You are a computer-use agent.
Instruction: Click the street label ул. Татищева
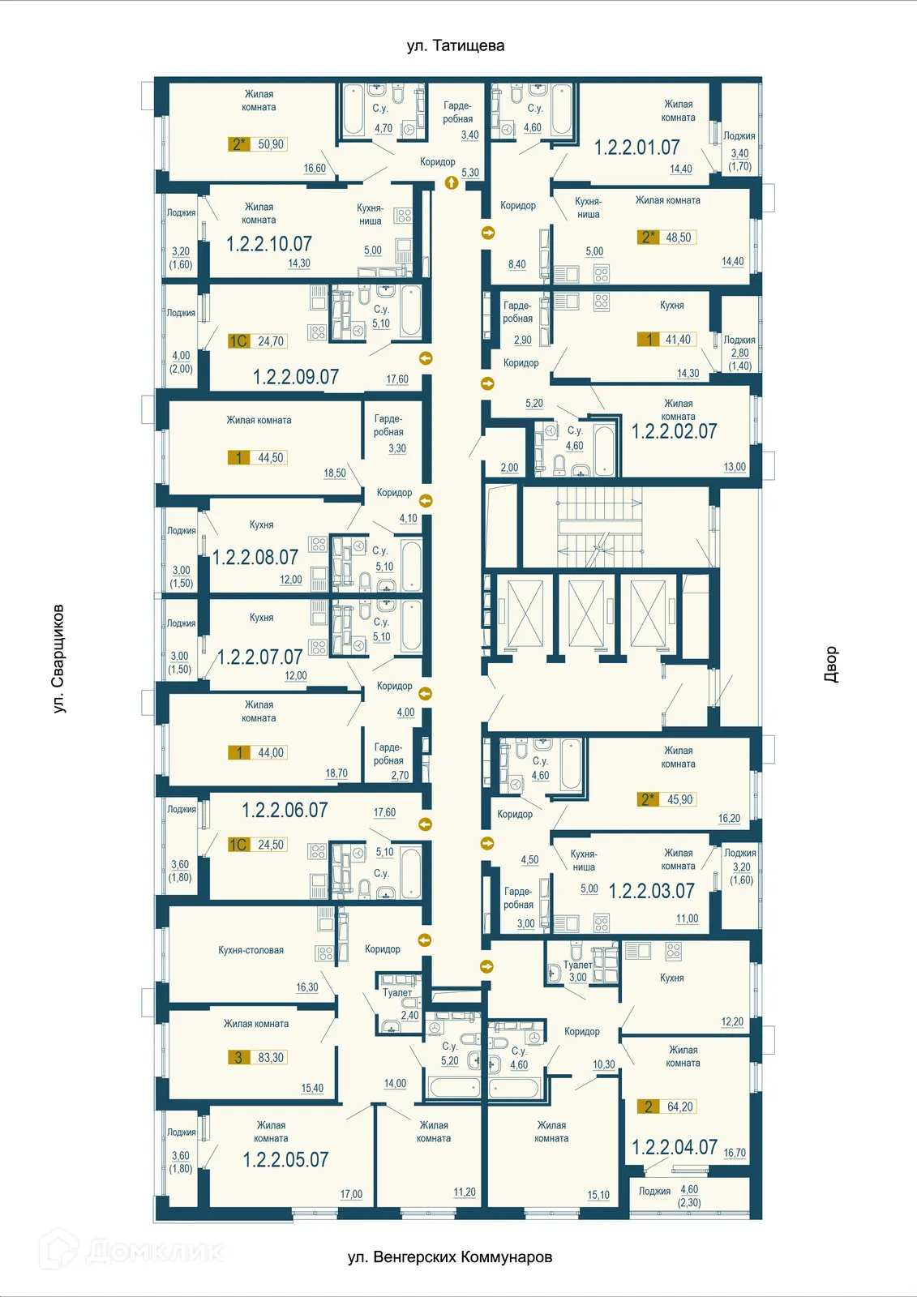(x=455, y=46)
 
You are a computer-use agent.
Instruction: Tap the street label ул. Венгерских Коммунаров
(x=449, y=1257)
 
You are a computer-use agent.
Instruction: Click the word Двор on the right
(x=831, y=664)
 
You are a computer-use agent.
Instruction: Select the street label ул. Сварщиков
(x=58, y=658)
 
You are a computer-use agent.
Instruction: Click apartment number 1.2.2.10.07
(x=268, y=243)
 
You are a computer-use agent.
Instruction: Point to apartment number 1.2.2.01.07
(x=636, y=148)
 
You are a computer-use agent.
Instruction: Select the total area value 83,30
(x=271, y=1057)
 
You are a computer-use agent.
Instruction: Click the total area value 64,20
(x=679, y=1107)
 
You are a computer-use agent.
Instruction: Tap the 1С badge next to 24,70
(x=238, y=341)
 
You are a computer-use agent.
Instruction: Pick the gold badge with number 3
(x=238, y=1057)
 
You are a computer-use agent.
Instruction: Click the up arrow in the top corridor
(x=452, y=183)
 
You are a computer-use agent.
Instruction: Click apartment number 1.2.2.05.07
(x=285, y=1159)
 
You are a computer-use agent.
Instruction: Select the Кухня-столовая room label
(x=251, y=950)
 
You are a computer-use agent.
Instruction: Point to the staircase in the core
(x=600, y=527)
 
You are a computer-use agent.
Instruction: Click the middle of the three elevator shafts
(x=586, y=614)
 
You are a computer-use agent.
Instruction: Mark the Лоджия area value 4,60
(x=689, y=1189)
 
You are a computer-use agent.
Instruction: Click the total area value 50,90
(x=271, y=144)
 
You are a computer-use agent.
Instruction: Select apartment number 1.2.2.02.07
(x=674, y=431)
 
